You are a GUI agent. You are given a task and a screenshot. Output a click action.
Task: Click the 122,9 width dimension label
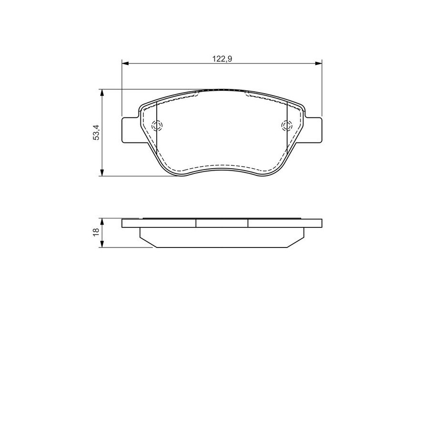click(x=222, y=59)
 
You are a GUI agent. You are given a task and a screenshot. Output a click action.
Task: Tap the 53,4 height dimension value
click(x=96, y=132)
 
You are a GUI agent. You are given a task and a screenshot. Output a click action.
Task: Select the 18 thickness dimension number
click(x=96, y=232)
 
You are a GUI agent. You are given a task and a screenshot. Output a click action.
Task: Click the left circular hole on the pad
click(x=157, y=126)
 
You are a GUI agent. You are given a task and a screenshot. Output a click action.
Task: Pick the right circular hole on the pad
click(x=287, y=126)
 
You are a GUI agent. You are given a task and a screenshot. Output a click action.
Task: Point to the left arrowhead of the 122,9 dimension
click(x=125, y=64)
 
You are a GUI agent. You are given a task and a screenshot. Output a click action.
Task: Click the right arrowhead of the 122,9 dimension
click(x=318, y=64)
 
